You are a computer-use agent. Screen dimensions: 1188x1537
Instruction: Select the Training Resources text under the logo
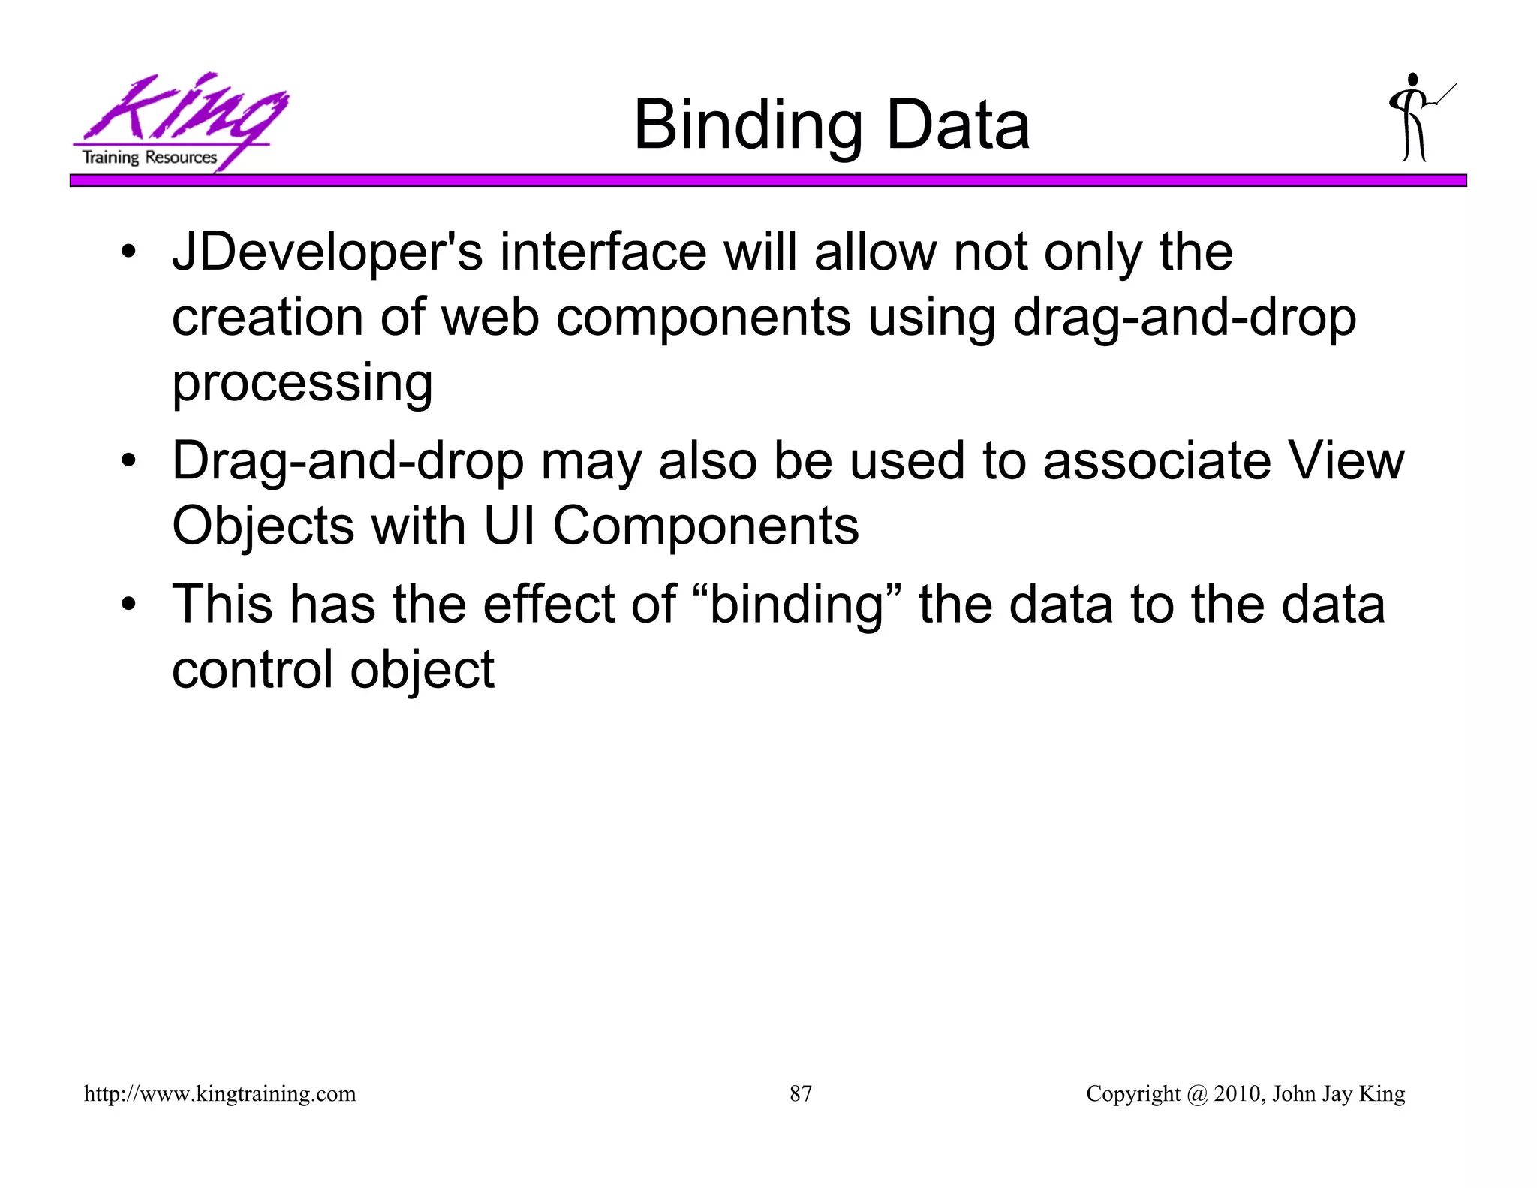tap(149, 158)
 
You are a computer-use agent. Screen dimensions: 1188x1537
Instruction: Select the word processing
tap(302, 383)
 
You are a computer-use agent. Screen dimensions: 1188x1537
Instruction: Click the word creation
tap(267, 318)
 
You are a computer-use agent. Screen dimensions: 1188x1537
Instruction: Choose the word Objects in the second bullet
tap(263, 526)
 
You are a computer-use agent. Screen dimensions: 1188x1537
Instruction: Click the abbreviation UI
tap(510, 526)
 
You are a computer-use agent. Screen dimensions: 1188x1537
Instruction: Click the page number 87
tap(800, 1093)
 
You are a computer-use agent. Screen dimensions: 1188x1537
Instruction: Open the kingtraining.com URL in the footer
tap(220, 1093)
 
